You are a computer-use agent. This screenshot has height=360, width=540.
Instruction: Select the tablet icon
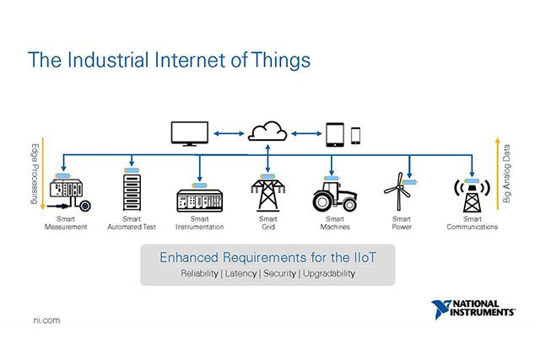pyautogui.click(x=337, y=133)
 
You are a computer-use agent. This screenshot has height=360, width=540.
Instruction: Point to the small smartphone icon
pyautogui.click(x=356, y=134)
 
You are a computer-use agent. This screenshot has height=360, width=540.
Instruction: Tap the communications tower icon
pyautogui.click(x=468, y=197)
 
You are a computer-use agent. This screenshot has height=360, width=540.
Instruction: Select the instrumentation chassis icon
pyautogui.click(x=199, y=201)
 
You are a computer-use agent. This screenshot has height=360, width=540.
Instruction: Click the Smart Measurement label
pyautogui.click(x=66, y=223)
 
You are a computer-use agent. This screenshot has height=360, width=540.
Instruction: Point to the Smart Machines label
pyautogui.click(x=336, y=223)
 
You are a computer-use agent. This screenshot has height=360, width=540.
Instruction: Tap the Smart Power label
pyautogui.click(x=402, y=223)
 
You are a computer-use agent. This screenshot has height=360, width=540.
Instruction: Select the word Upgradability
pyautogui.click(x=328, y=273)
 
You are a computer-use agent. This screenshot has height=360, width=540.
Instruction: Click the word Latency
pyautogui.click(x=240, y=273)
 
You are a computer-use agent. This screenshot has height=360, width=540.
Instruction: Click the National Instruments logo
pyautogui.click(x=472, y=308)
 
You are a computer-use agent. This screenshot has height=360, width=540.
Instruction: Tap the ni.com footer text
pyautogui.click(x=45, y=321)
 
